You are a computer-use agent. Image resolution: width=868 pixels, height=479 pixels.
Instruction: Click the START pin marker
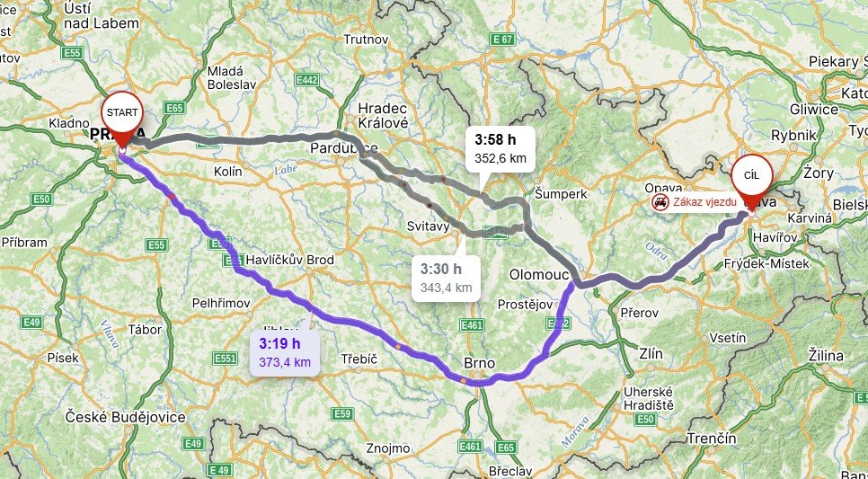[x=121, y=114]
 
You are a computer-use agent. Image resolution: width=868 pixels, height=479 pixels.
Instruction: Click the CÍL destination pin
[x=751, y=178]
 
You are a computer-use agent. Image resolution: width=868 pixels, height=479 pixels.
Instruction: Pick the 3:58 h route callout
[x=500, y=148]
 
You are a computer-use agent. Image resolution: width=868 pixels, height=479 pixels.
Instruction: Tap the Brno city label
[x=479, y=363]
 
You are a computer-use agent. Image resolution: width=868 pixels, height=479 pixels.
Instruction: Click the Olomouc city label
[x=539, y=272]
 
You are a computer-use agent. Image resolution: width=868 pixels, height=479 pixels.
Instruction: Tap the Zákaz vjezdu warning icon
[x=660, y=201]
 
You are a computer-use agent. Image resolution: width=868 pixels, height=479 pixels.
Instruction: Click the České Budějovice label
[x=125, y=417]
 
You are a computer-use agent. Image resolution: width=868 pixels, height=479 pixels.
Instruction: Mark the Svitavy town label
[x=428, y=226]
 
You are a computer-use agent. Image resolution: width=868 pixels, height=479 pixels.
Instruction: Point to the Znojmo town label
[x=389, y=448]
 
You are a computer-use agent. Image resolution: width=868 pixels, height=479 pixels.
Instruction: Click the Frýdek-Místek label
[x=770, y=263]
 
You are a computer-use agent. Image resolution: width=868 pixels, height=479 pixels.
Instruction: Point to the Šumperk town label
[x=560, y=193]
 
